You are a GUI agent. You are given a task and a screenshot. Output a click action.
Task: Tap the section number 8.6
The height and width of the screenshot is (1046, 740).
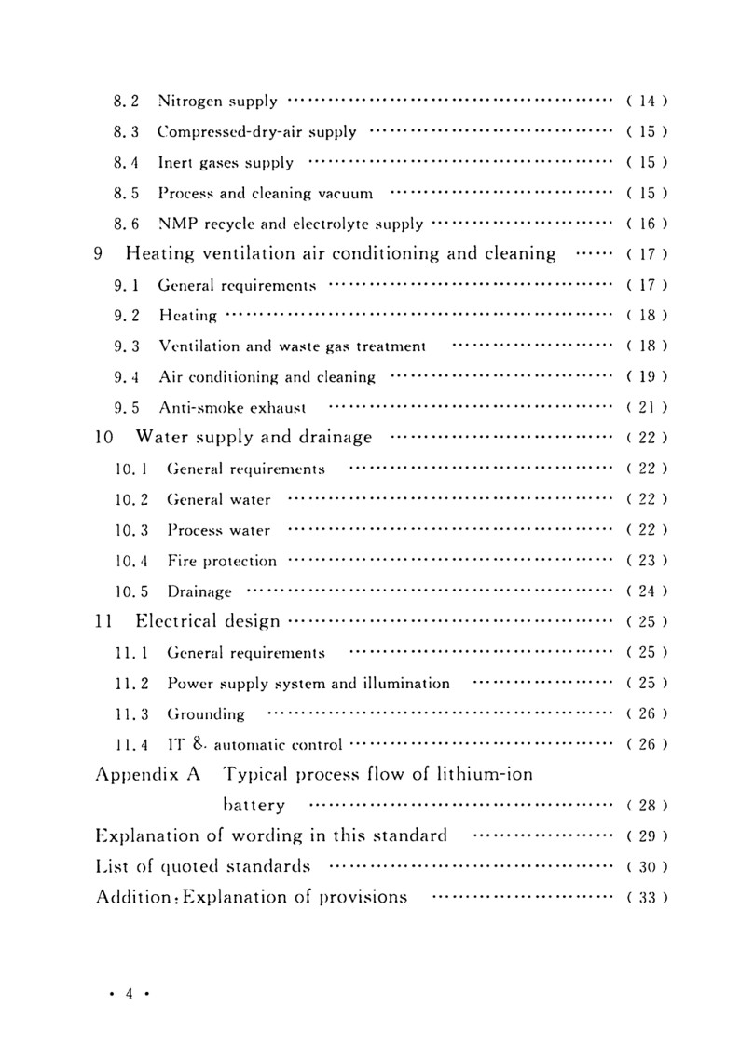(x=126, y=224)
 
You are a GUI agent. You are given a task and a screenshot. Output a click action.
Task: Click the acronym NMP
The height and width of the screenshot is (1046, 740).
(x=176, y=224)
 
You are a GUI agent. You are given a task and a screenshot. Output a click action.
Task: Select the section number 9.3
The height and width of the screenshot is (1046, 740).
(x=126, y=346)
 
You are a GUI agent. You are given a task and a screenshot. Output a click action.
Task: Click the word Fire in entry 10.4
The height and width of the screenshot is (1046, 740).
(x=182, y=561)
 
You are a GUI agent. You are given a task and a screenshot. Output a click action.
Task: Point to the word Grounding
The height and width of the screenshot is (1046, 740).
(x=205, y=714)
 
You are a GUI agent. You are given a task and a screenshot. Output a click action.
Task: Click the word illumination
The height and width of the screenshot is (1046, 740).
(x=404, y=683)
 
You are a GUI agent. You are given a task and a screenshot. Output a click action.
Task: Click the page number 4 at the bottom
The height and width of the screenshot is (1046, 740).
(x=130, y=994)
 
